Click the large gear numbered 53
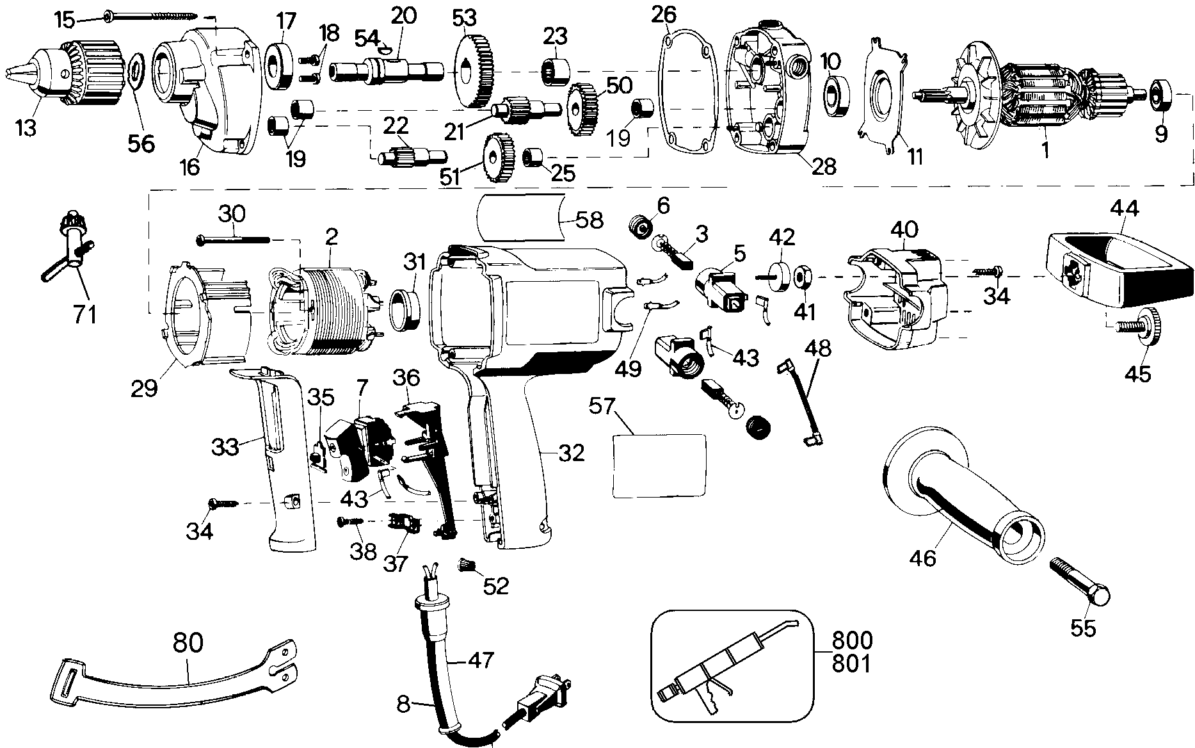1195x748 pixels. tap(477, 70)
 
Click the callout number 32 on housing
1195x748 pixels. tap(570, 453)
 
